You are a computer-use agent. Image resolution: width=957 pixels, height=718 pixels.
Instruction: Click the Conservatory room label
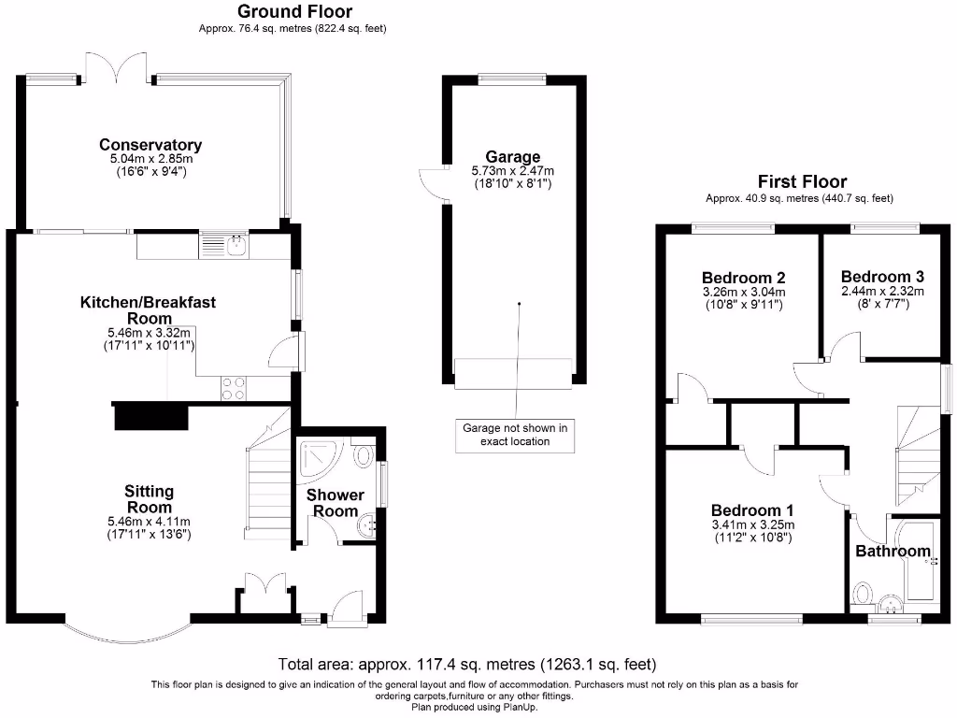tap(150, 145)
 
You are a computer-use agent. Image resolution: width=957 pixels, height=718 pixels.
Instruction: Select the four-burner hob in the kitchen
tap(233, 388)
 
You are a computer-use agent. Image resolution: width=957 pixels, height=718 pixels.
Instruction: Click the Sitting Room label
tap(150, 499)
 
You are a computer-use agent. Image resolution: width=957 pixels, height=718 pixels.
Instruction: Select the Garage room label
tap(512, 156)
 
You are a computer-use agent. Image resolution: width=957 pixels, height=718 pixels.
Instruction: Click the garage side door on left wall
tap(431, 184)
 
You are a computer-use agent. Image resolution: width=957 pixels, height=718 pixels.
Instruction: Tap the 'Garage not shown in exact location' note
tap(515, 435)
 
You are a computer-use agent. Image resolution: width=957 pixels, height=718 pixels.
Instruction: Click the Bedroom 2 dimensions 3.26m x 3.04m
tap(743, 292)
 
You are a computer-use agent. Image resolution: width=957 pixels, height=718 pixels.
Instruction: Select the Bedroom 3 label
tap(882, 277)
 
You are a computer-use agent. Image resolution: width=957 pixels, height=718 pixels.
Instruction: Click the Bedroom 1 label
tap(752, 510)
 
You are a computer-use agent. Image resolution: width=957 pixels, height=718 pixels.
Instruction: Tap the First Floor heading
tap(802, 181)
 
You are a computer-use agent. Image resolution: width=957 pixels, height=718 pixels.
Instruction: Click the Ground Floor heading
tap(294, 12)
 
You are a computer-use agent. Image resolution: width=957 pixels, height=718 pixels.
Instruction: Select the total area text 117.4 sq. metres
tap(467, 665)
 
